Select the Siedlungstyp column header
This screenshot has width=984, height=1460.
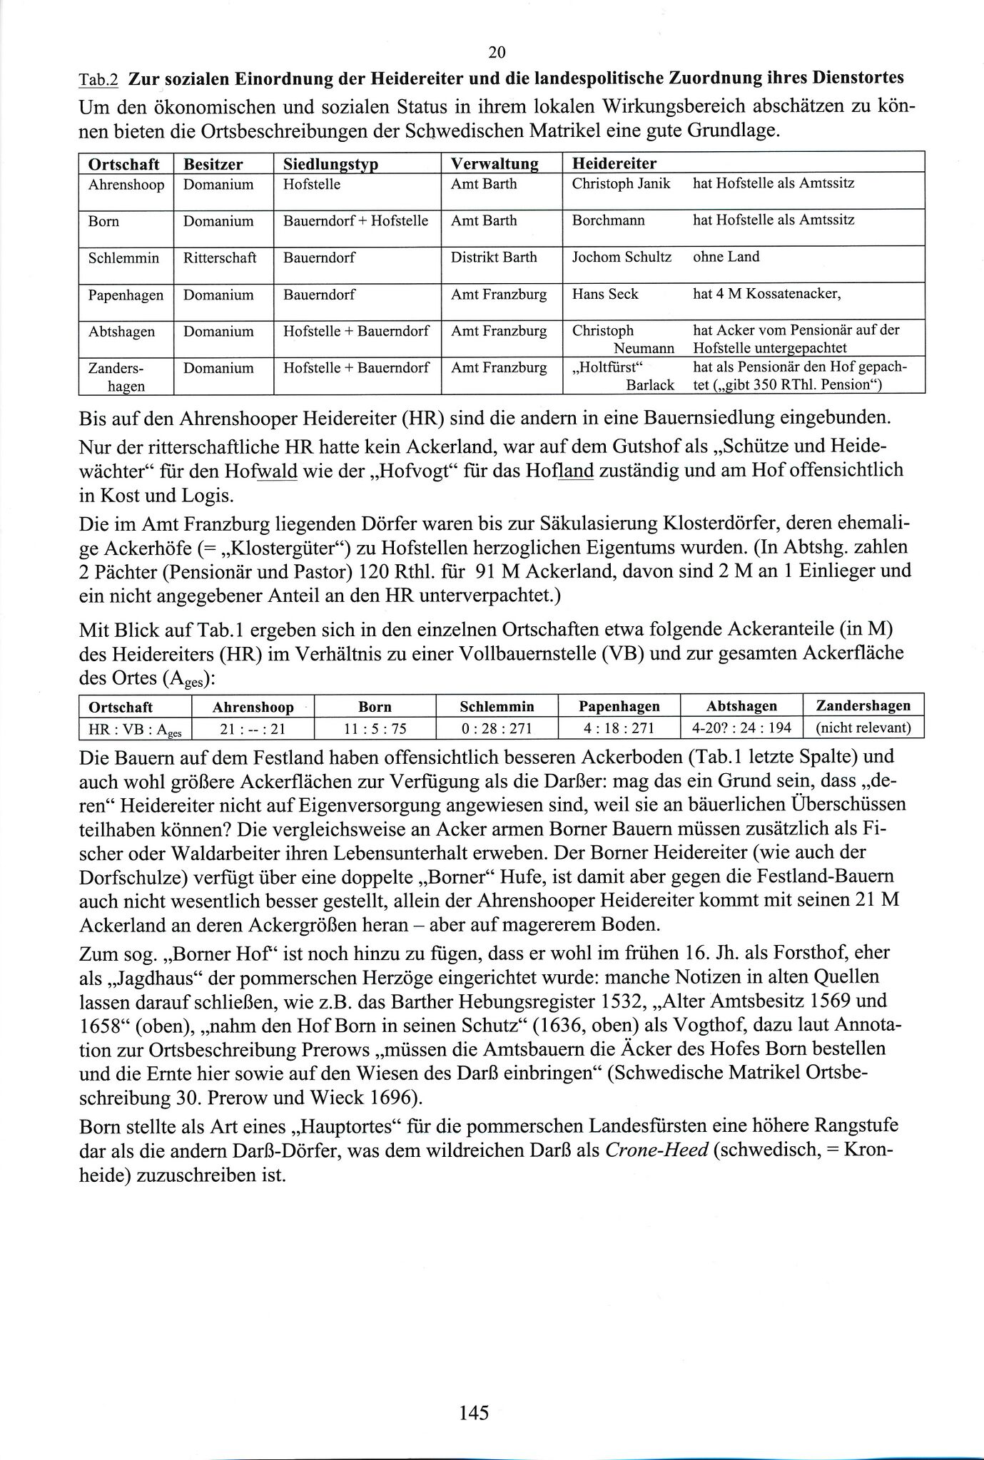click(330, 164)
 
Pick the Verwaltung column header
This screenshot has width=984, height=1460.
click(494, 164)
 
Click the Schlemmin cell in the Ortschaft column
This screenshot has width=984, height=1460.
click(123, 257)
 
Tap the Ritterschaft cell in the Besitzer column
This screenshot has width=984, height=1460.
click(220, 257)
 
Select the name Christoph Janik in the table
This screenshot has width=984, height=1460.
click(621, 183)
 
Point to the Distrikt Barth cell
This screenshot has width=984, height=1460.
click(494, 257)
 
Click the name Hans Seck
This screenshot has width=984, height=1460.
click(605, 295)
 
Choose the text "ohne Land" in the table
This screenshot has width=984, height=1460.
click(726, 257)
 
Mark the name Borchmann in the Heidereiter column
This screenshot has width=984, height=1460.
click(608, 220)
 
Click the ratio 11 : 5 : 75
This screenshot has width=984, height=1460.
click(375, 728)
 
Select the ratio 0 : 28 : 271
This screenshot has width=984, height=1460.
click(497, 728)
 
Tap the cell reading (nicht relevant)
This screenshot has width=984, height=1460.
click(863, 728)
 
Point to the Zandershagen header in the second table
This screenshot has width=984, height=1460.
click(863, 706)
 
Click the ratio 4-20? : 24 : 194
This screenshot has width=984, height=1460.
click(741, 728)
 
